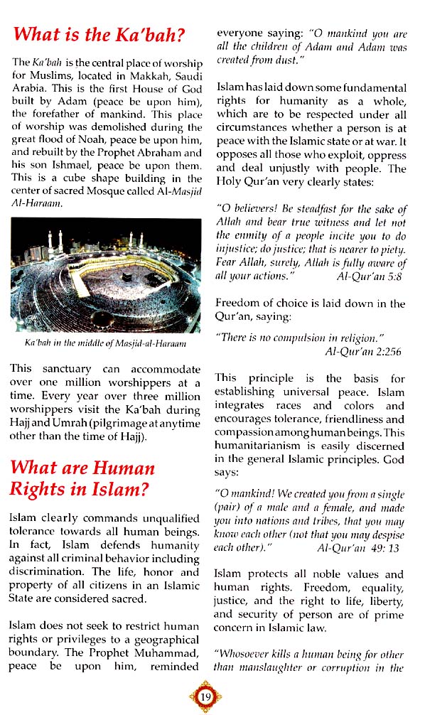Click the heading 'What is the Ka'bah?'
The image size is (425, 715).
click(99, 33)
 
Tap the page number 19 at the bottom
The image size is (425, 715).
click(205, 695)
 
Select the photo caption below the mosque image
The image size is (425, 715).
click(105, 344)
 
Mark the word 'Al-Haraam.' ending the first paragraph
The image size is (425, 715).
click(34, 204)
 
